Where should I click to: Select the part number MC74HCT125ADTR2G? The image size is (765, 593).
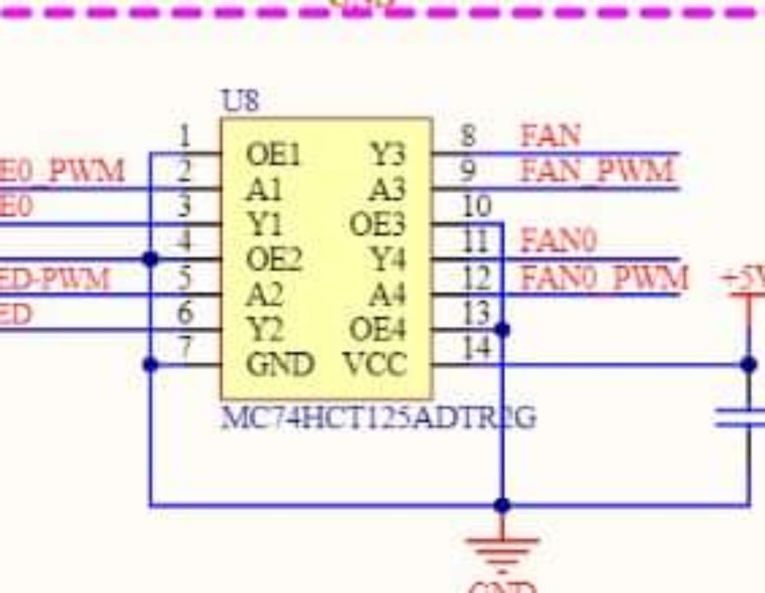[x=378, y=418]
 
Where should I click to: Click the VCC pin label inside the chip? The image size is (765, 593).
[x=375, y=364]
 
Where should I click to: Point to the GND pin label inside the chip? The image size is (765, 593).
[x=279, y=364]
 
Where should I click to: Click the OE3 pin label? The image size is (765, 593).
[x=378, y=225]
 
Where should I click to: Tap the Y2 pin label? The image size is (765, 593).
[x=264, y=330]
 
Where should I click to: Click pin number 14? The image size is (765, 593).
[x=476, y=347]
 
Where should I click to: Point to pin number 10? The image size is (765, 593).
[x=476, y=207]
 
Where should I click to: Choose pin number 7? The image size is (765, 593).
[x=185, y=347]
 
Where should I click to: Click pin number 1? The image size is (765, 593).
[x=185, y=136]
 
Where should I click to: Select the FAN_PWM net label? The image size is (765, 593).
[x=596, y=171]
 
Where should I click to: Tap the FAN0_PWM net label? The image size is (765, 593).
[x=604, y=277]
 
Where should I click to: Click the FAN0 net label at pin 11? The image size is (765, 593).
[x=559, y=242]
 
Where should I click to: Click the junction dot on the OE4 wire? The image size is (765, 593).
[x=502, y=330]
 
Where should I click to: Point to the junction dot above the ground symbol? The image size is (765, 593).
[x=502, y=505]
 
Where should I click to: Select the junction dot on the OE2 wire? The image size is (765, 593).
[x=150, y=259]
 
